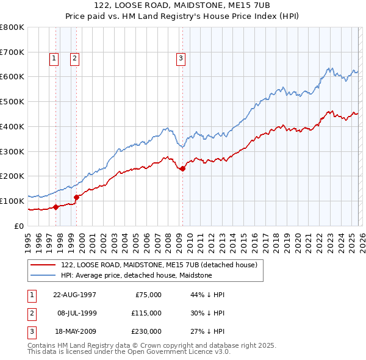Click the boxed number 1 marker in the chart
pyautogui.click(x=54, y=59)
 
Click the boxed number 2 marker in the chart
pyautogui.click(x=74, y=59)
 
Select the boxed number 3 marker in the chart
pyautogui.click(x=181, y=59)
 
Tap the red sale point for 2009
pyautogui.click(x=182, y=168)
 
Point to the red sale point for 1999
pyautogui.click(x=76, y=197)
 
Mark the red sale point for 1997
pyautogui.click(x=56, y=207)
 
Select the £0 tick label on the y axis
pyautogui.click(x=20, y=226)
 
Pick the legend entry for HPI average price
pyautogui.click(x=136, y=276)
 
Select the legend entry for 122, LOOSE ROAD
pyautogui.click(x=159, y=265)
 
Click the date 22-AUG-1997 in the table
pyautogui.click(x=75, y=295)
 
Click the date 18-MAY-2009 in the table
pyautogui.click(x=75, y=331)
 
